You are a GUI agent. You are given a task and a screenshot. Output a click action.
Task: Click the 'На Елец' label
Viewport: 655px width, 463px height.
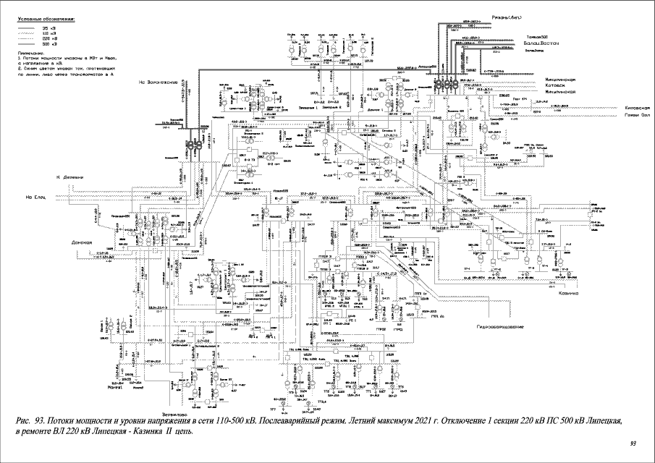tap(35, 195)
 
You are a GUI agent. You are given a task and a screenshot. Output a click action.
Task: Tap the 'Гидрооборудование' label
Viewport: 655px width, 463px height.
tap(499, 327)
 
